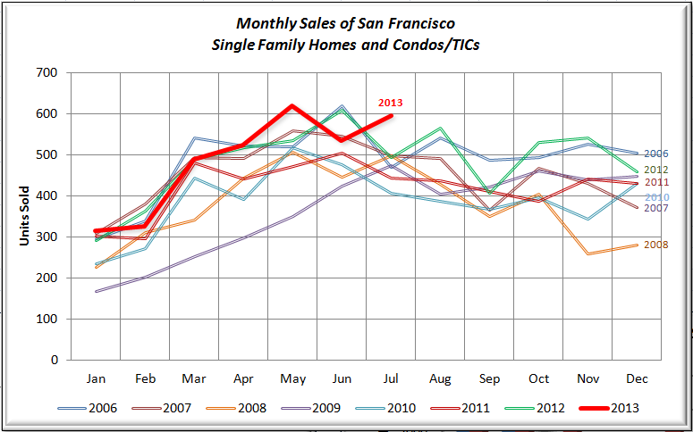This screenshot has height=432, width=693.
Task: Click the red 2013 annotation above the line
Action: (x=392, y=103)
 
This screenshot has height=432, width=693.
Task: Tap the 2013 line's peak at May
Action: (x=292, y=106)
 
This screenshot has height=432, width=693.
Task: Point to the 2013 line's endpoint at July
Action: (x=392, y=116)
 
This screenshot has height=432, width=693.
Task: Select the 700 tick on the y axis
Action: (x=46, y=72)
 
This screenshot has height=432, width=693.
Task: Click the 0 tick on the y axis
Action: (x=54, y=360)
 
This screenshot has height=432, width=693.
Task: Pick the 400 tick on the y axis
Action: (x=46, y=195)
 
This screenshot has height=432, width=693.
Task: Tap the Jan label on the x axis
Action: (x=96, y=378)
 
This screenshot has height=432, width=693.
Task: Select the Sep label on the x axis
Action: (x=489, y=378)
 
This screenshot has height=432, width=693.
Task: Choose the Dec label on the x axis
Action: (x=637, y=378)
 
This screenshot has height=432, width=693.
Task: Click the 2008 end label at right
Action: (x=656, y=244)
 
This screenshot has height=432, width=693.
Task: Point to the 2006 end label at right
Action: (x=656, y=154)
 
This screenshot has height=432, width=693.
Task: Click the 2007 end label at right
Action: (x=656, y=208)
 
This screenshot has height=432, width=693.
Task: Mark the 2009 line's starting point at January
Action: (x=96, y=291)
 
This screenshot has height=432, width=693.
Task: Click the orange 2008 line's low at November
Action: (x=587, y=253)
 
